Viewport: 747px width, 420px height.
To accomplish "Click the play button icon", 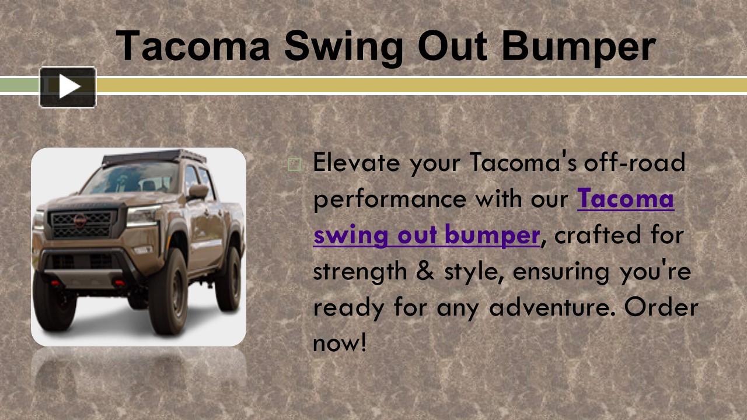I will [68, 87].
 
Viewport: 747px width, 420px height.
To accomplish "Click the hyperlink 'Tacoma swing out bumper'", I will [426, 235].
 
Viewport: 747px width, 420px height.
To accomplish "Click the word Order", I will [661, 307].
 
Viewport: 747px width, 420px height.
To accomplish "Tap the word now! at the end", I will [339, 342].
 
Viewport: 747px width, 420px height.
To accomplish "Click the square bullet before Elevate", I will [294, 164].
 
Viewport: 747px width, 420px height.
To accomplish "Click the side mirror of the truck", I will [198, 191].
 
